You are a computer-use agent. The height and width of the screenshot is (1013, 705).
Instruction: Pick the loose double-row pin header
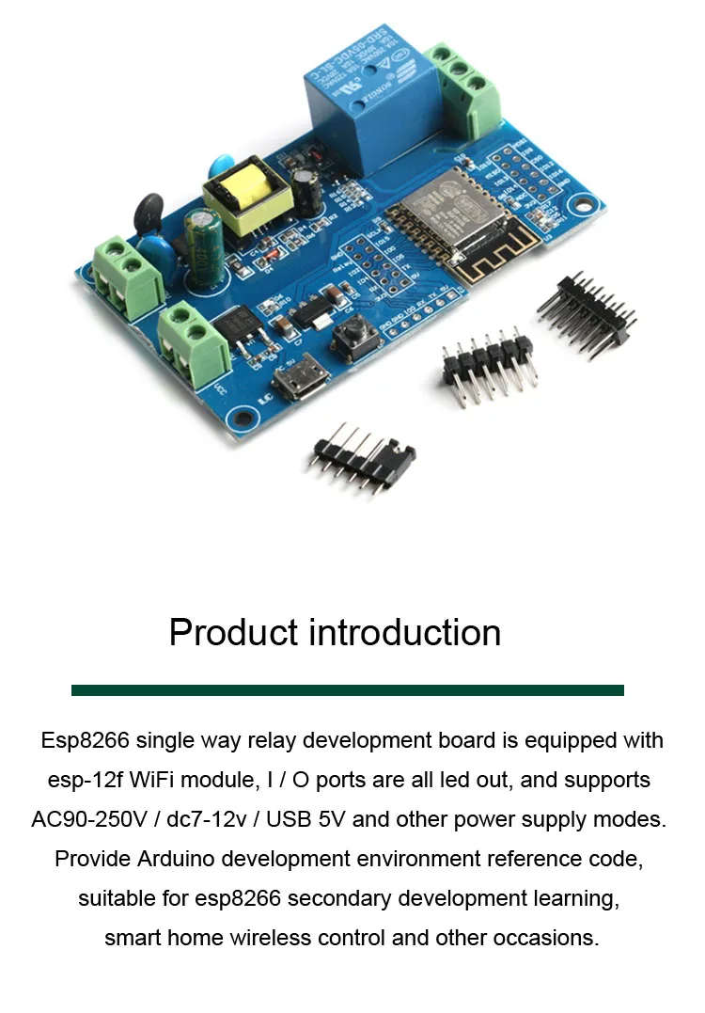584,315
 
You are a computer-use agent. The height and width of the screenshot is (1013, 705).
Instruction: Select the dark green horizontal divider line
348,690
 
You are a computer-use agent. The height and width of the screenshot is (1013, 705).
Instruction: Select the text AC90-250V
89,819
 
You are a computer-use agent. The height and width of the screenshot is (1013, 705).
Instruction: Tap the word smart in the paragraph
131,938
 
